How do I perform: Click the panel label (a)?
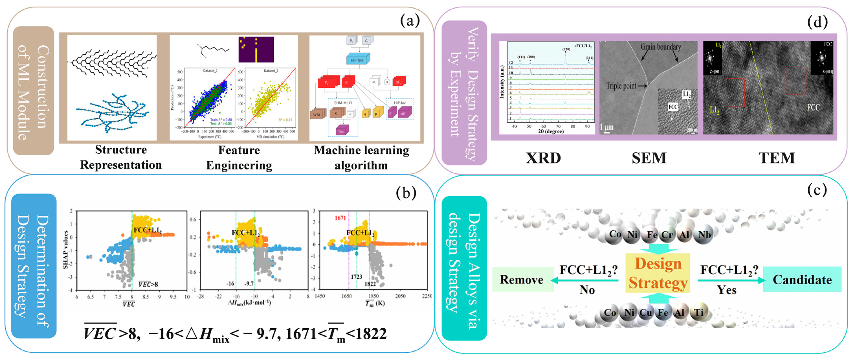coord(410,21)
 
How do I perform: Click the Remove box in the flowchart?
coord(522,279)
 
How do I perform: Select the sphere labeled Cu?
coord(645,313)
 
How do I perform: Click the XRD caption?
coord(543,158)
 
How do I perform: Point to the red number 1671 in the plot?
coord(340,218)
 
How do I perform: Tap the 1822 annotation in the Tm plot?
coord(370,284)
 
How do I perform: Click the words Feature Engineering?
coord(239,158)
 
